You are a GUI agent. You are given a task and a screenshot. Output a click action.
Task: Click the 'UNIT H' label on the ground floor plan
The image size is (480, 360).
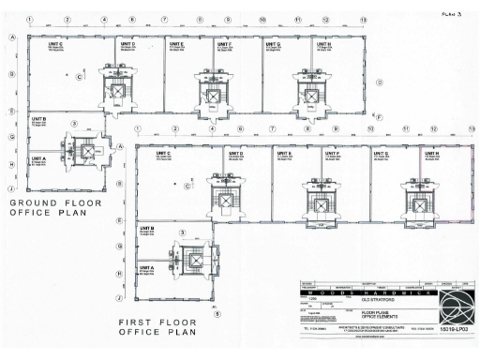coord(323,44)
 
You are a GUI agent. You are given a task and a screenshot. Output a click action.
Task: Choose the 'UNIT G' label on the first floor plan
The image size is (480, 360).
coord(384,152)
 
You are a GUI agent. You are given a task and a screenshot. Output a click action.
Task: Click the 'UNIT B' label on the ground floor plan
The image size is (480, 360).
coord(39,119)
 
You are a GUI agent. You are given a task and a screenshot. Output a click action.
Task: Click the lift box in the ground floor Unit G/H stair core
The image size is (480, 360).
coord(304,91)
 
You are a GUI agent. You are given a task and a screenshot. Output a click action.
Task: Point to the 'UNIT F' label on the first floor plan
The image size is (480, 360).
coord(332,152)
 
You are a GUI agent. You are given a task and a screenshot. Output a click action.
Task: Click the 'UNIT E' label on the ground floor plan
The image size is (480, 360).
coord(176,44)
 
